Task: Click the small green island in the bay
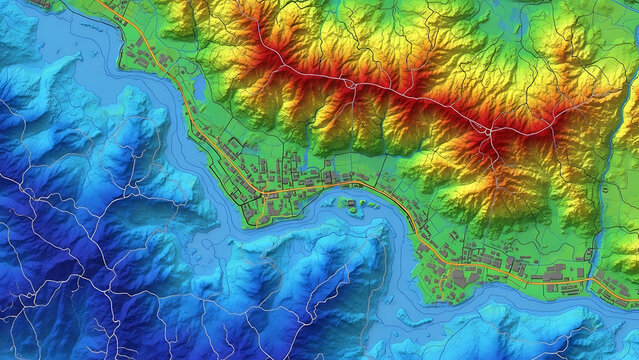coord(352,207)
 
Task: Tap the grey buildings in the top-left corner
coord(40,5)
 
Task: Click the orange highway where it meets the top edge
coord(100,2)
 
